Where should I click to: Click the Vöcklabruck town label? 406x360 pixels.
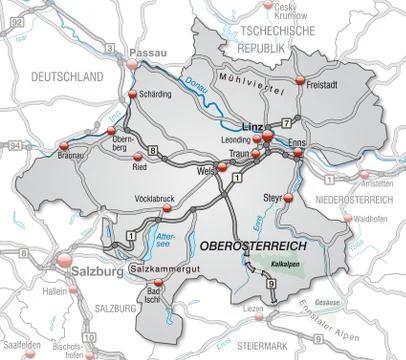coord(153,198)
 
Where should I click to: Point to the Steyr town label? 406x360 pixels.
coord(271,197)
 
